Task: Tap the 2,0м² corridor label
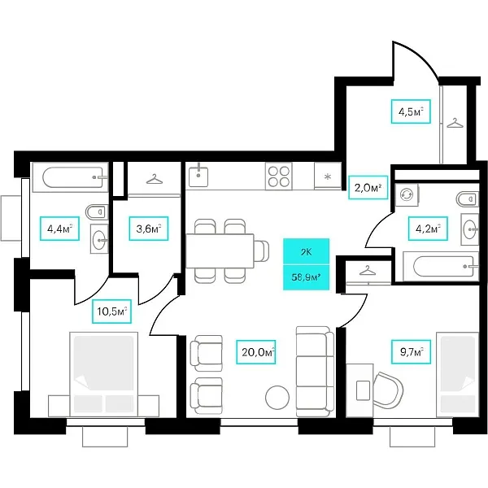(x=365, y=187)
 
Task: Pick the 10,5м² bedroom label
(x=113, y=312)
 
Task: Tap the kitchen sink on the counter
(x=200, y=176)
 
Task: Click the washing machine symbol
(x=407, y=194)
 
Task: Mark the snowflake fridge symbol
(x=328, y=176)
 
